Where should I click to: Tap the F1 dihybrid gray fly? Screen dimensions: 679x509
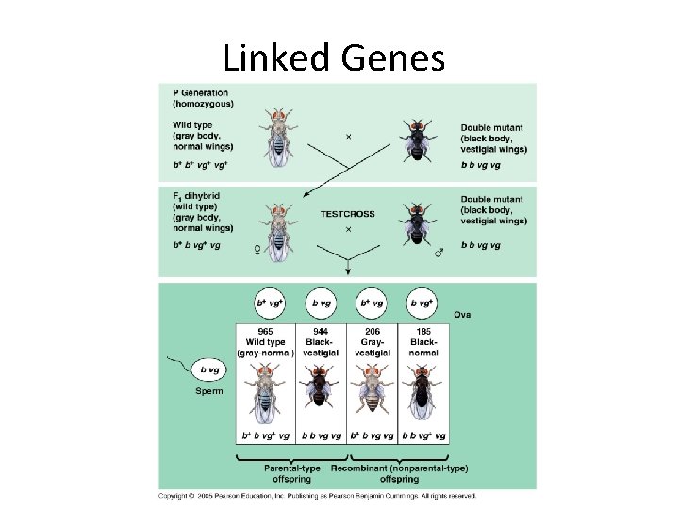(278, 230)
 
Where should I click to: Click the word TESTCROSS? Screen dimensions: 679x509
(347, 214)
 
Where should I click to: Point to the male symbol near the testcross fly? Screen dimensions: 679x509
(436, 252)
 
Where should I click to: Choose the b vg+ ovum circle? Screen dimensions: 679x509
(422, 304)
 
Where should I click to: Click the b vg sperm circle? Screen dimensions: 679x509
(207, 371)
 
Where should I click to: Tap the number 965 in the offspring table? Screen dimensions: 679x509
(265, 332)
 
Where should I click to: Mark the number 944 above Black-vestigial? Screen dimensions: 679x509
(321, 332)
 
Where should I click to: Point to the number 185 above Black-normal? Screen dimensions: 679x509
(422, 332)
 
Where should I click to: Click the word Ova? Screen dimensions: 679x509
(462, 315)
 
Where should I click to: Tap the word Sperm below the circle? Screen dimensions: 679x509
(208, 391)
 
